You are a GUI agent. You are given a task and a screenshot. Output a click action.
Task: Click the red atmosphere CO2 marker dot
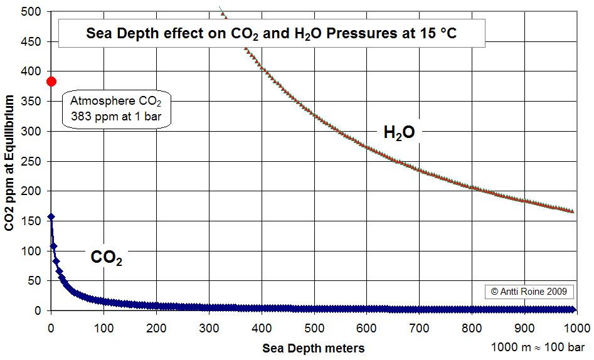51,82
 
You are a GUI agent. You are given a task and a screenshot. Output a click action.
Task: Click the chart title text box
272,34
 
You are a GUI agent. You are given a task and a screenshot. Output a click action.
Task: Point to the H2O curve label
399,132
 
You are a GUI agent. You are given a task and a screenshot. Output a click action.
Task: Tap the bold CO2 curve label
106,258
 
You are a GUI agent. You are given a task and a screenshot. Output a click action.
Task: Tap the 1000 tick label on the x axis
577,327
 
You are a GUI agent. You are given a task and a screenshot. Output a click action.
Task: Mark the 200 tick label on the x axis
157,327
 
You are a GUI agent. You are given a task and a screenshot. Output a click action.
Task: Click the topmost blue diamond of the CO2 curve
51,216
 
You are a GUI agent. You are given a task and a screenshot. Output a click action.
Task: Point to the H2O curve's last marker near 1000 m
571,211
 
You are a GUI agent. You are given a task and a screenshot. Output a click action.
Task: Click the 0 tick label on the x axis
51,327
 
